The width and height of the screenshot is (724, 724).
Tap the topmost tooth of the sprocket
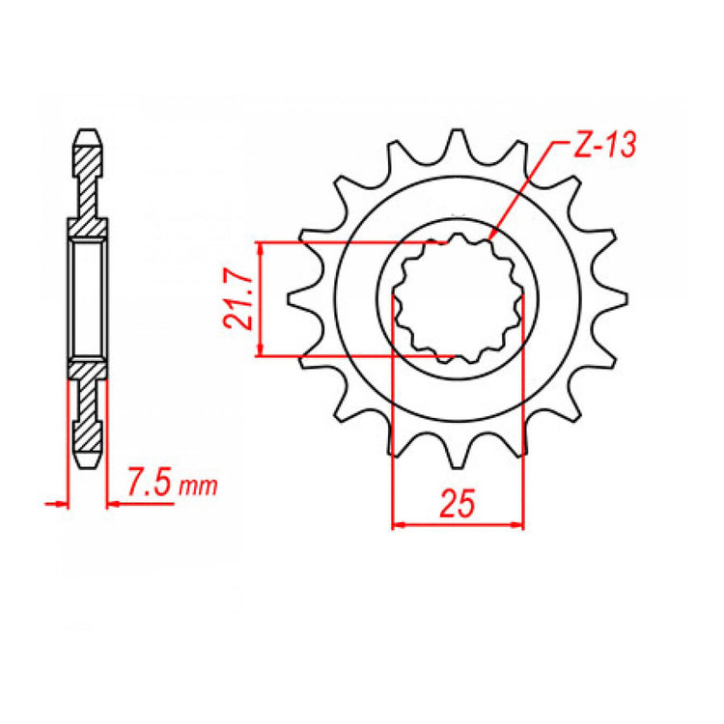(x=457, y=143)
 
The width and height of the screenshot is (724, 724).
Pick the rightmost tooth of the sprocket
(x=617, y=299)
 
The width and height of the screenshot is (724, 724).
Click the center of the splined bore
(x=457, y=299)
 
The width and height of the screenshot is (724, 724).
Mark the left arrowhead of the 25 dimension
(x=397, y=526)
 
